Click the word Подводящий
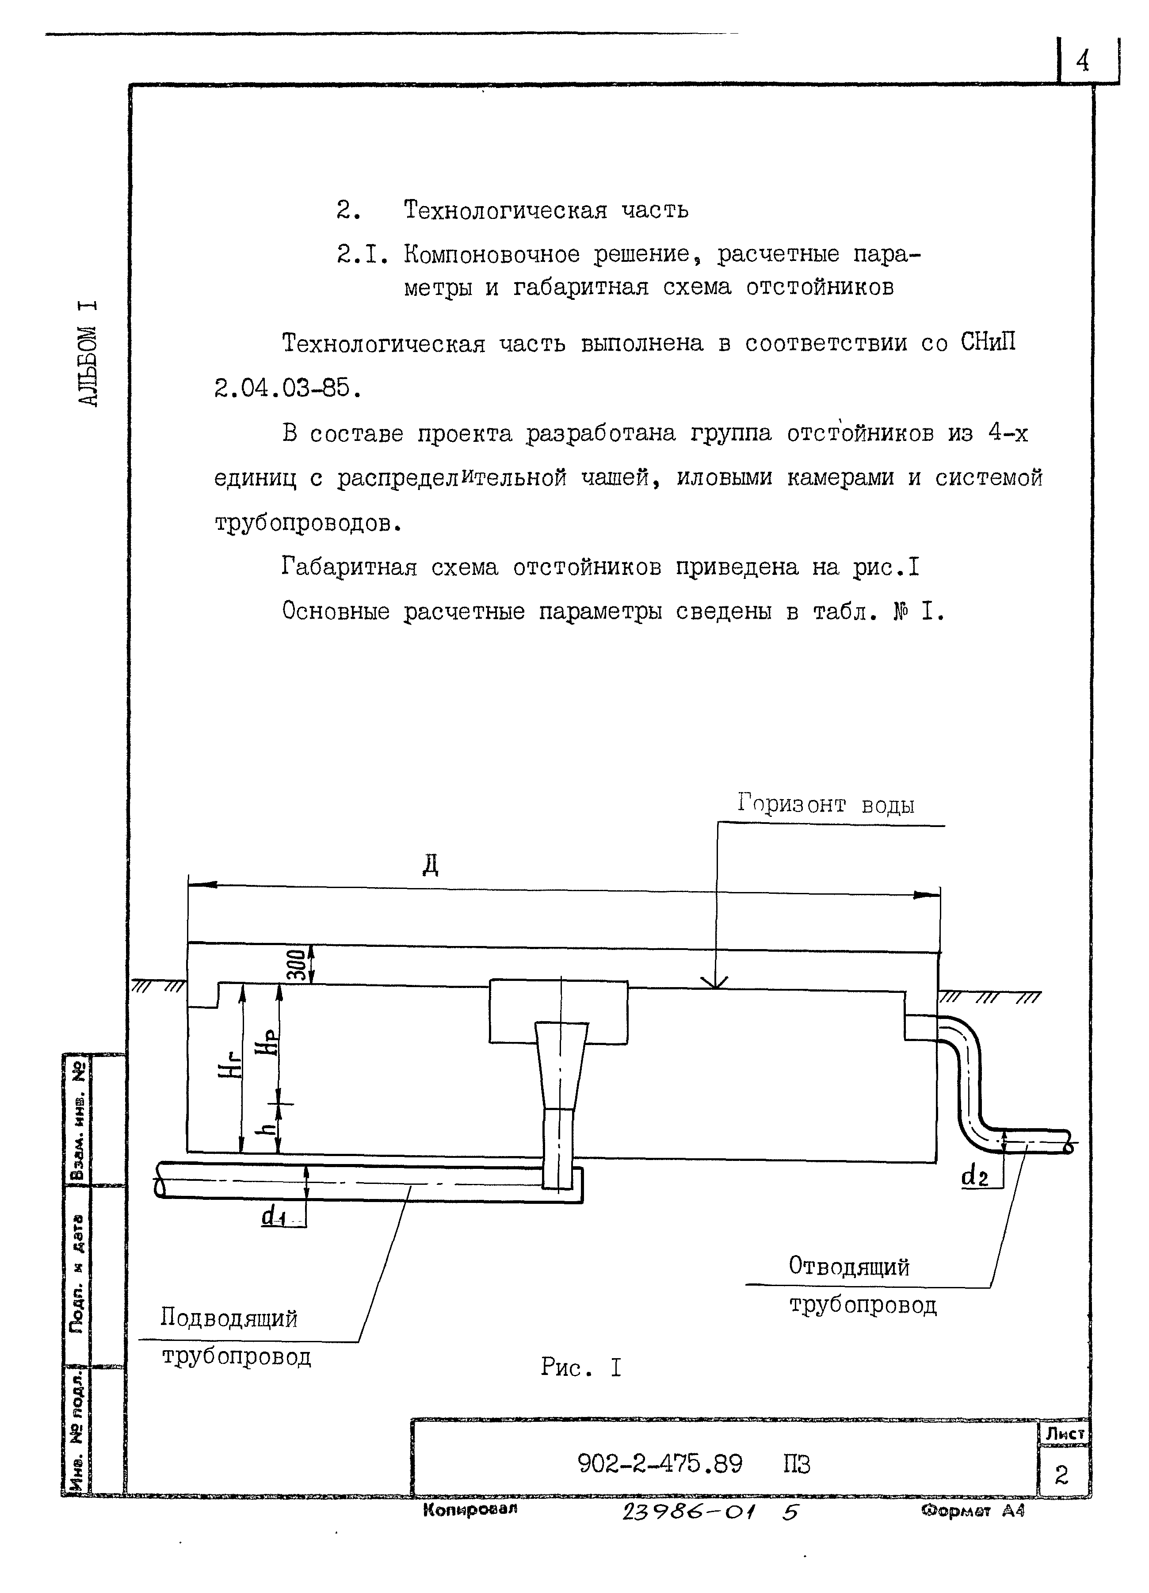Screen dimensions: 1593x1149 tap(229, 1317)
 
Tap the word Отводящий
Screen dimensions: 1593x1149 tap(848, 1266)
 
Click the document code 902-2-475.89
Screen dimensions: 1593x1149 tap(660, 1464)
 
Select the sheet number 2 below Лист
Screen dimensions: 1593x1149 tap(1061, 1475)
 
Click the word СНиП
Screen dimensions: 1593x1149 tap(988, 343)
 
